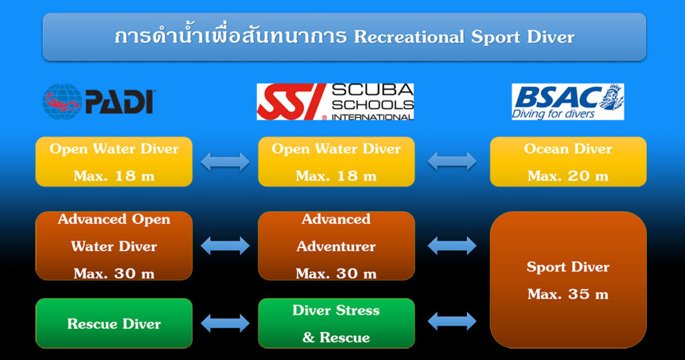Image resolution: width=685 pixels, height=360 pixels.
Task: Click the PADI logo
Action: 99,101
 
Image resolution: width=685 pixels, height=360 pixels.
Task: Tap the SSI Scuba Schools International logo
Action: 335,102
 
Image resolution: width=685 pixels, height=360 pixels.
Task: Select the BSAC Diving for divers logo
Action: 567,102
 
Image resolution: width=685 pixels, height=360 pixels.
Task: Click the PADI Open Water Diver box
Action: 114,162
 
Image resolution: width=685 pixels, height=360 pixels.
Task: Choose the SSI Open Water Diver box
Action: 336,162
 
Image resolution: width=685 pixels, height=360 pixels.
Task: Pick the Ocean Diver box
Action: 568,162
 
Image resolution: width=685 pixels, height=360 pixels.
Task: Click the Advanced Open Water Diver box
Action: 114,246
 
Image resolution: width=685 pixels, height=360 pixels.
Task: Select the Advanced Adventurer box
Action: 336,246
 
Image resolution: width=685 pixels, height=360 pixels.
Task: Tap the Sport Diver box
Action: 568,280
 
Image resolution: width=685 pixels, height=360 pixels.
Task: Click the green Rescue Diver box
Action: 114,323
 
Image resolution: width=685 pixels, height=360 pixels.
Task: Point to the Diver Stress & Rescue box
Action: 336,323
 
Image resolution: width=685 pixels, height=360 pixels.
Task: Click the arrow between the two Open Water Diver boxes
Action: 225,162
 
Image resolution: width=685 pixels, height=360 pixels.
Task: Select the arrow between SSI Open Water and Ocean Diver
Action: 452,161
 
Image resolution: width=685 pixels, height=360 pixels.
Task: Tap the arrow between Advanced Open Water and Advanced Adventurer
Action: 225,246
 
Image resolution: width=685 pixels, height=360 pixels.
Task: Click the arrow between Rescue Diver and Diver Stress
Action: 225,323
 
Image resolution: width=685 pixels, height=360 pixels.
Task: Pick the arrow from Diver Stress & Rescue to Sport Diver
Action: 452,321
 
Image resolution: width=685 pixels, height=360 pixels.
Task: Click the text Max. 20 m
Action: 568,176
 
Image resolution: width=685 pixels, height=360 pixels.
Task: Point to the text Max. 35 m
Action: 568,294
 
